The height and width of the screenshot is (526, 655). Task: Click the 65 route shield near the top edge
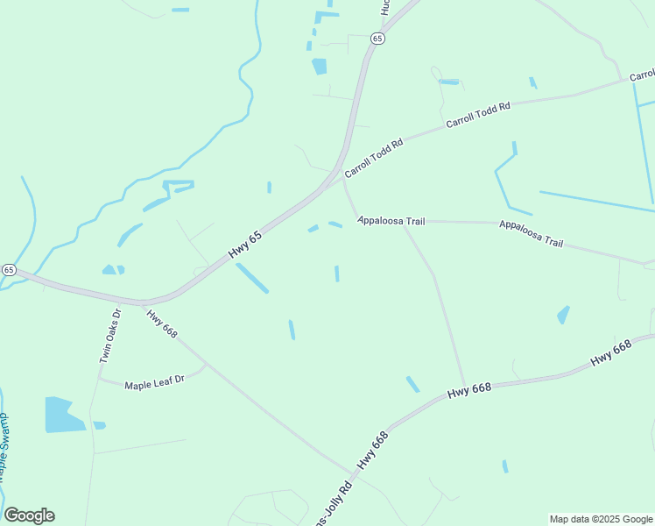coord(377,39)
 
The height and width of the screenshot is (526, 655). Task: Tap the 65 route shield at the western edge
coord(8,270)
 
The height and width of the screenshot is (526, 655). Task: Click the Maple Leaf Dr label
coord(154,383)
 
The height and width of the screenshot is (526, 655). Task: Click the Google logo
coord(29,515)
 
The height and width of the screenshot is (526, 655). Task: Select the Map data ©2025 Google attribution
coord(601,519)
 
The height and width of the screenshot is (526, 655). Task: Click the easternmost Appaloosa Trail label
coord(531,232)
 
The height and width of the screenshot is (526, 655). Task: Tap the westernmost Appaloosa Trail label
coord(391,221)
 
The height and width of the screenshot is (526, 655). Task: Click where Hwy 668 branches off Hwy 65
coord(142,303)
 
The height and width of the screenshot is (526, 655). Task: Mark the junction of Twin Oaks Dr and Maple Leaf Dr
coord(98,379)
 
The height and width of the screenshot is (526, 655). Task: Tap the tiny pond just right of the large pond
coord(99,425)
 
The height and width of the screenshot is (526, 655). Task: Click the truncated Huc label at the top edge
coord(384,7)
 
